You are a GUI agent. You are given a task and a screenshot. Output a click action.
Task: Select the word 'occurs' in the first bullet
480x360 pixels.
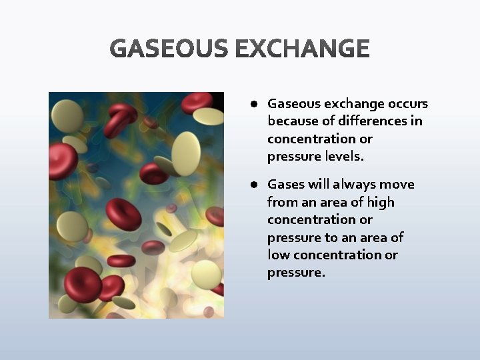(407, 104)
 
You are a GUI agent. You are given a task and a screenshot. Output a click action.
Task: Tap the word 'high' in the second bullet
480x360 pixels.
(381, 202)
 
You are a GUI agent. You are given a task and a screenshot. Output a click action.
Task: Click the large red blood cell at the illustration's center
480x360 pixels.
(124, 215)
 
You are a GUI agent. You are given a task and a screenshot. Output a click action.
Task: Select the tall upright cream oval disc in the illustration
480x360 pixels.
(186, 153)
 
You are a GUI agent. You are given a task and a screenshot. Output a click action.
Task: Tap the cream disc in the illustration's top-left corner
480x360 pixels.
(67, 115)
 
